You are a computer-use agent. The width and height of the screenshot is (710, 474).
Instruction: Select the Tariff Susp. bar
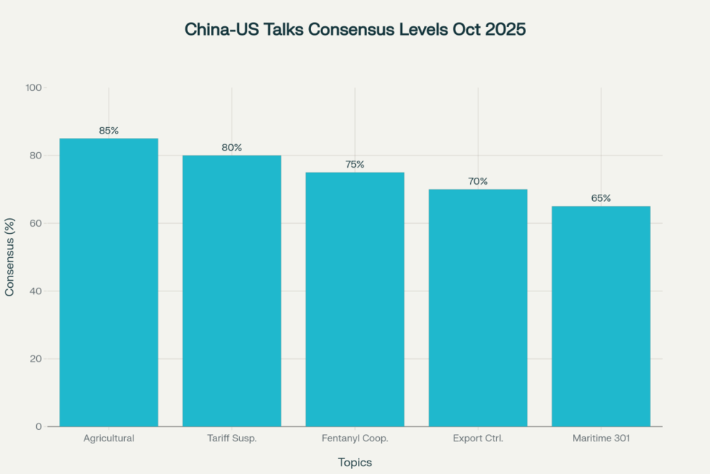click(x=231, y=291)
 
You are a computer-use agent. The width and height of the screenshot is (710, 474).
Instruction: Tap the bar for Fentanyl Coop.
click(x=355, y=299)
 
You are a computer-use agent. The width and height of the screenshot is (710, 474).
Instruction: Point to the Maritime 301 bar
click(x=601, y=316)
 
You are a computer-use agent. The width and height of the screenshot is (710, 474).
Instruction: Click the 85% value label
click(x=109, y=131)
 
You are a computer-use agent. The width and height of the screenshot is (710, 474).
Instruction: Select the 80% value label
click(x=231, y=148)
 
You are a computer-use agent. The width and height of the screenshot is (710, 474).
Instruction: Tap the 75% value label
click(x=355, y=165)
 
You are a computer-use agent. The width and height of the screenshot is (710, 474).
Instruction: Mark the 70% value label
click(x=478, y=181)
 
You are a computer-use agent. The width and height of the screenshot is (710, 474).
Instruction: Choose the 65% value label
click(x=601, y=198)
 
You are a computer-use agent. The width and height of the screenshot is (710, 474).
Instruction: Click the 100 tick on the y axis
click(x=34, y=87)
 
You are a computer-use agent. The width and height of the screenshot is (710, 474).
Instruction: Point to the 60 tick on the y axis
click(x=36, y=223)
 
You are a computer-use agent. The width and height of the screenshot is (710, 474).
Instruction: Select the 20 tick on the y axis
click(x=36, y=359)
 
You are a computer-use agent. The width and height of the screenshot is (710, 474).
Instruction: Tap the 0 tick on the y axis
click(x=39, y=426)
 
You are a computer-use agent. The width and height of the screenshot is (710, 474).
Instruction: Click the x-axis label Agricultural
click(x=109, y=438)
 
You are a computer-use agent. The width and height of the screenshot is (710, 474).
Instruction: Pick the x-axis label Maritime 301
click(x=601, y=438)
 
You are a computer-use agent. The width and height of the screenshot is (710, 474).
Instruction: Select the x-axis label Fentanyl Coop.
click(x=355, y=438)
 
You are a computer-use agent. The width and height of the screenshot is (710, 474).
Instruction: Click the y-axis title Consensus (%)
click(x=11, y=257)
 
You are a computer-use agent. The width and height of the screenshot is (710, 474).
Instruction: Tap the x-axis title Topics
click(x=355, y=462)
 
